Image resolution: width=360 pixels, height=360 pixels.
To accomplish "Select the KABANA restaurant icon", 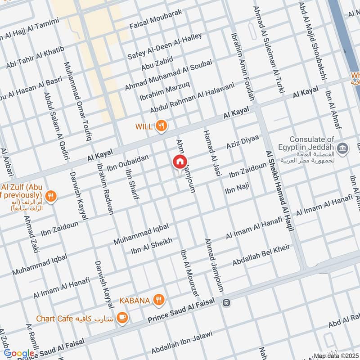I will click(158, 299).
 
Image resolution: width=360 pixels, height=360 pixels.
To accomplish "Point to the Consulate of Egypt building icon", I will click(342, 148).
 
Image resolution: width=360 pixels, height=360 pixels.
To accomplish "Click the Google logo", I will click(18, 353).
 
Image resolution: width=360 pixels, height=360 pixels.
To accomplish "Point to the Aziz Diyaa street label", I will click(243, 142).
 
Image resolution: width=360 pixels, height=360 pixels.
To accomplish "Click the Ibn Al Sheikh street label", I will click(152, 247).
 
